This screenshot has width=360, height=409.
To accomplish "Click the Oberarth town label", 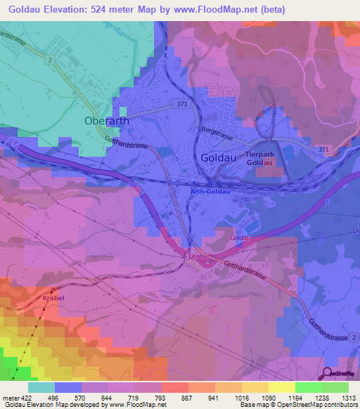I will [107, 120].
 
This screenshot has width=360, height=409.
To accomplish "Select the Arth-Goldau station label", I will [210, 190].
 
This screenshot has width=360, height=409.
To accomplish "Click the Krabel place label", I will [53, 298].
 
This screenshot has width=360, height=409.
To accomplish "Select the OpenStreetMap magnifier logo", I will [328, 372].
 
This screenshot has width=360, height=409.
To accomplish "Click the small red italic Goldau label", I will [240, 239].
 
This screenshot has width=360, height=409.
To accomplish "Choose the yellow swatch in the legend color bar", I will [281, 387].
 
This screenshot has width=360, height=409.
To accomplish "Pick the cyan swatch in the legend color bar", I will [41, 387].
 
